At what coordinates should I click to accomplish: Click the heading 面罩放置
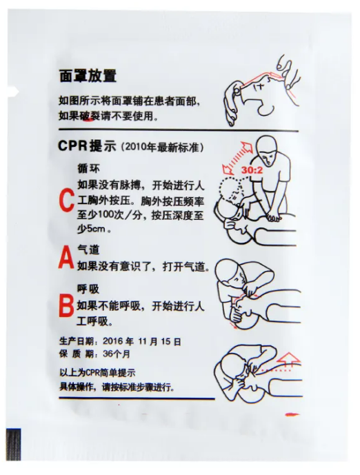(x=88, y=76)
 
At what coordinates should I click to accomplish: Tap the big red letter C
(x=67, y=200)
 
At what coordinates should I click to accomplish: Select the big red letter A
(x=66, y=258)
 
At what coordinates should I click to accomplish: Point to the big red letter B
(x=66, y=306)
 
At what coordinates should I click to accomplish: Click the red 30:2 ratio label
(x=252, y=170)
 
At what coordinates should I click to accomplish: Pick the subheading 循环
(x=88, y=168)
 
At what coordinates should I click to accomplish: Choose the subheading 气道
(x=88, y=250)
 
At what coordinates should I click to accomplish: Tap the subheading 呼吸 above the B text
(x=88, y=289)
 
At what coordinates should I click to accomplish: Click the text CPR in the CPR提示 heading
(x=72, y=145)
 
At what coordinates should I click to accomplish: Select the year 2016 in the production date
(x=112, y=341)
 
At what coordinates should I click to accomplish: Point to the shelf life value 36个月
(x=117, y=354)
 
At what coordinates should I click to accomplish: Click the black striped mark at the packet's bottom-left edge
(x=13, y=445)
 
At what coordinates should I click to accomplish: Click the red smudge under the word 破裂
(x=89, y=120)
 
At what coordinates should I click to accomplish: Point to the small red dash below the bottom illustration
(x=292, y=414)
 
